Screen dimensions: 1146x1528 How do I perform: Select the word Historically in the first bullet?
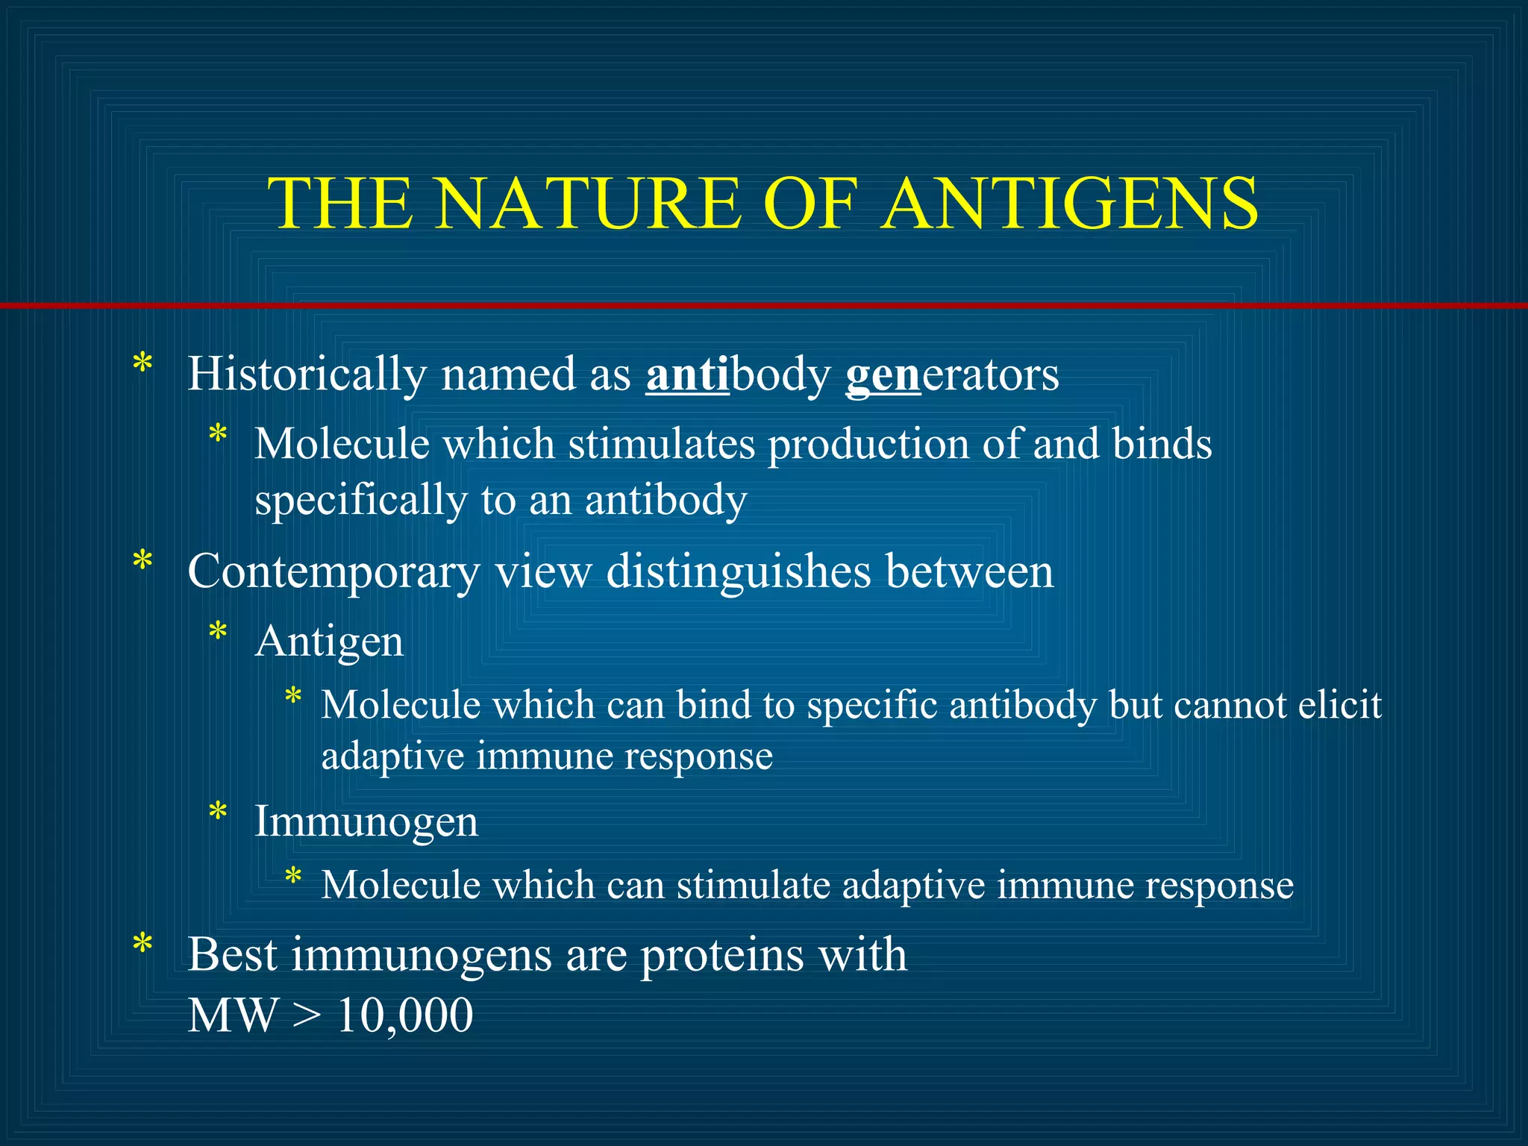click(306, 374)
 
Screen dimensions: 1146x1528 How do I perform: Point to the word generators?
click(952, 374)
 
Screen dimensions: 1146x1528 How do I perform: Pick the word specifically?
click(360, 500)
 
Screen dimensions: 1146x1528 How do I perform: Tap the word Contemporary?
click(334, 572)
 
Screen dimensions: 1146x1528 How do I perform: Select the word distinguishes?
click(739, 572)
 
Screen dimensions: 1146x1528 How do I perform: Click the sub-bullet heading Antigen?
click(329, 641)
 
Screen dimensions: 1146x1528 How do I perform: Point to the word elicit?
click(1339, 704)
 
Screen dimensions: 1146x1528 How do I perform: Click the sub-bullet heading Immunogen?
click(366, 821)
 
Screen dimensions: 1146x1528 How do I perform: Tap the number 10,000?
click(405, 1015)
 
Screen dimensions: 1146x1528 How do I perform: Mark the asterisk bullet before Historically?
click(142, 366)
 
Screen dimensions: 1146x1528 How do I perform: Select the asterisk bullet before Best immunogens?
click(142, 945)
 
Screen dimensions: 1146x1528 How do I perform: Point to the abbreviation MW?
click(232, 1015)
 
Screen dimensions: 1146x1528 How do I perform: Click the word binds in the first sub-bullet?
click(1162, 445)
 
